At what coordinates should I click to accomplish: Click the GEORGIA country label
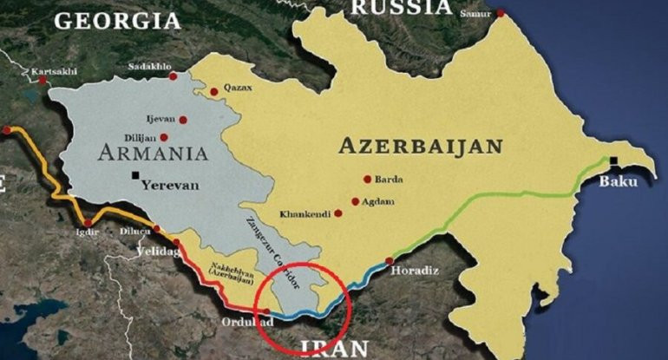118,20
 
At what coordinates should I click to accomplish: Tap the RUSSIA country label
401,8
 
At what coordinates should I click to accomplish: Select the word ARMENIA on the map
153,154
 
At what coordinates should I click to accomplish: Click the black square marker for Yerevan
136,176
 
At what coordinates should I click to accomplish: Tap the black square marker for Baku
613,160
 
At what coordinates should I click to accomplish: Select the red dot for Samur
500,13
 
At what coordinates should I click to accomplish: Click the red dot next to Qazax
213,91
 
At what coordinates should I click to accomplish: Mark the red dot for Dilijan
164,137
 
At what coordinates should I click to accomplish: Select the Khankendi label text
305,213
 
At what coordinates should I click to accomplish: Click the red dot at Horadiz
390,260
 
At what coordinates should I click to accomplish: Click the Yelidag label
154,252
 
